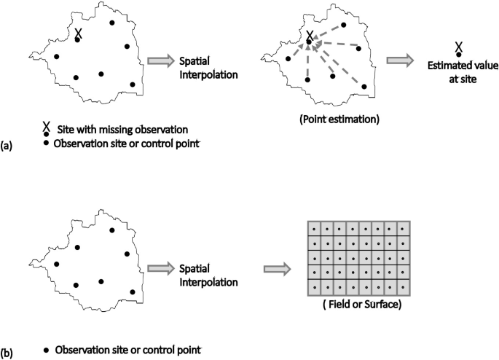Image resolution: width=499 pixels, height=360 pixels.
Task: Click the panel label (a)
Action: pos(7,146)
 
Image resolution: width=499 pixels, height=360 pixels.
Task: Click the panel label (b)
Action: pos(7,353)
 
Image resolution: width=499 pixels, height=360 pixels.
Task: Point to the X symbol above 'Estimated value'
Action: pos(458,48)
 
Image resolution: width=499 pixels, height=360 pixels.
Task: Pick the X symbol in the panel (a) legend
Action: pos(47,128)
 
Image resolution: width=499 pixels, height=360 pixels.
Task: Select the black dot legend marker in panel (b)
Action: pos(47,350)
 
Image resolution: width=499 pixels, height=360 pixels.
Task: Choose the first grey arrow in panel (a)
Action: pos(160,60)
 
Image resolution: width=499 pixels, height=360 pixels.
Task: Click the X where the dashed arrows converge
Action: pos(310,36)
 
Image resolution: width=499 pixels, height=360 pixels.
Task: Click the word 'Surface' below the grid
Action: pos(379,304)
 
